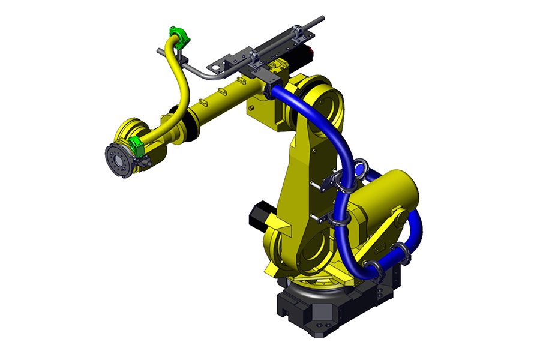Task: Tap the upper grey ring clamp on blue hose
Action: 361,166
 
